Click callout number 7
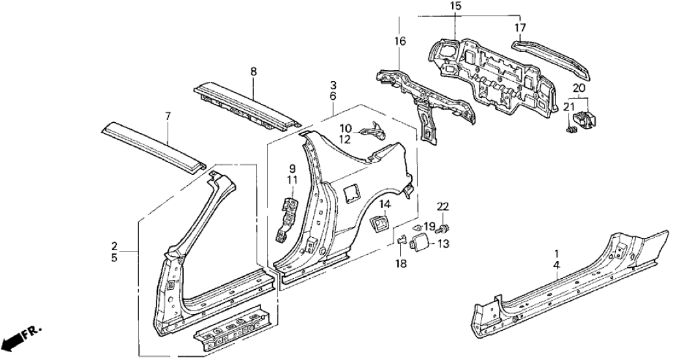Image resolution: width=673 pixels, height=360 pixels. tap(168, 116)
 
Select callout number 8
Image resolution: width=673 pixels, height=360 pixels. tap(254, 72)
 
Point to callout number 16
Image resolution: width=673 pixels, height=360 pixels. tap(400, 42)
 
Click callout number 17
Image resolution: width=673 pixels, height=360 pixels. tap(520, 27)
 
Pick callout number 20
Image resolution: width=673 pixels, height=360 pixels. tap(579, 88)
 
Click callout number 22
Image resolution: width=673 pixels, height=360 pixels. tap(442, 207)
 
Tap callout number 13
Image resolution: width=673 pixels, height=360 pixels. tap(444, 244)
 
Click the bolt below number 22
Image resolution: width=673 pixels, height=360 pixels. tap(444, 228)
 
